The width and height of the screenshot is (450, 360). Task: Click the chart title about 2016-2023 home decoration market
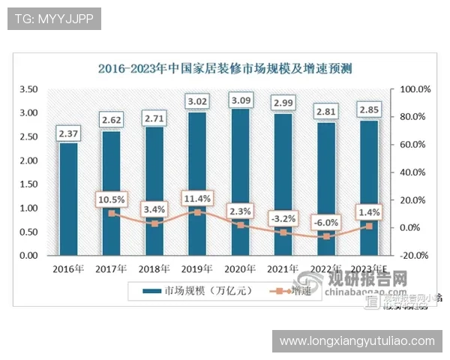[225, 68]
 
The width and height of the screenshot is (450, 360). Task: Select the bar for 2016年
[68, 199]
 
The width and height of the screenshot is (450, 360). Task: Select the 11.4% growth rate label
[196, 198]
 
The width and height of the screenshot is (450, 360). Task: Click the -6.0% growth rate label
[325, 222]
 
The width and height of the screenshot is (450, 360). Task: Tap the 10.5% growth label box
[111, 199]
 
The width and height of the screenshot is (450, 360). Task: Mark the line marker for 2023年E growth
[369, 226]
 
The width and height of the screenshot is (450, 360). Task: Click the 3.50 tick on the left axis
[29, 89]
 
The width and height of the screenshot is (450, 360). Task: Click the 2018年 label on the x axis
[154, 268]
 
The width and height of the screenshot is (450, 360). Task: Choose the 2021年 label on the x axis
[283, 268]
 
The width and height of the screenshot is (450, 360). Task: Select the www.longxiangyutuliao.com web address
[357, 341]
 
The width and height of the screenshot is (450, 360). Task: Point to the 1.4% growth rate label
[369, 212]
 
